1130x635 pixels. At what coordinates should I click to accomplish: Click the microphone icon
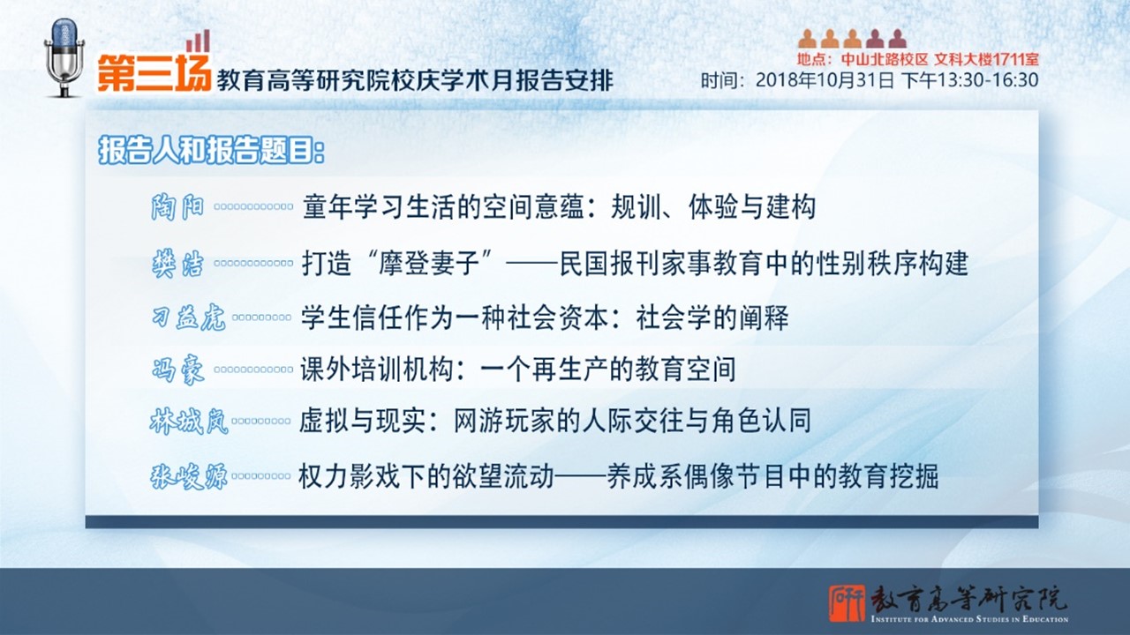tap(64, 57)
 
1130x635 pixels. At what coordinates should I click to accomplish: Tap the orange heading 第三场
tap(154, 73)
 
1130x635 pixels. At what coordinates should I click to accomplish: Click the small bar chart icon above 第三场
tap(198, 41)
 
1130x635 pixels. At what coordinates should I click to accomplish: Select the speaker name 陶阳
tap(177, 206)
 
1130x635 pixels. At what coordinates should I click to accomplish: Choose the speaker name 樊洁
tap(177, 264)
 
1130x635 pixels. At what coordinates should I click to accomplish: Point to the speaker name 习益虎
tap(188, 317)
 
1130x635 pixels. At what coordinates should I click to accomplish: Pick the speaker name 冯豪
tap(177, 370)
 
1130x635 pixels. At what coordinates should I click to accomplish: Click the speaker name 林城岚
tap(189, 422)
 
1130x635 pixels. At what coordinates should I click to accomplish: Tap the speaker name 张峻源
tap(189, 476)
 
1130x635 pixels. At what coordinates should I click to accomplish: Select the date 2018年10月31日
tap(825, 80)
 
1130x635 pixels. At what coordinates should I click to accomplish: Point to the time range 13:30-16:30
tap(987, 80)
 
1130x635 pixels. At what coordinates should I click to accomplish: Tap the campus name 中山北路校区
tap(885, 59)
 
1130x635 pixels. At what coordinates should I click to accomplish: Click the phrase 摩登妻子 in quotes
tap(429, 264)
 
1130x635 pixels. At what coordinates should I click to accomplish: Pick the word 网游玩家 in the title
tap(504, 422)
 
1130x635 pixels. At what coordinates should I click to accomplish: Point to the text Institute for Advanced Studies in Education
tap(969, 619)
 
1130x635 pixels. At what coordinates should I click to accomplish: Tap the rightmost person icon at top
tap(898, 39)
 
